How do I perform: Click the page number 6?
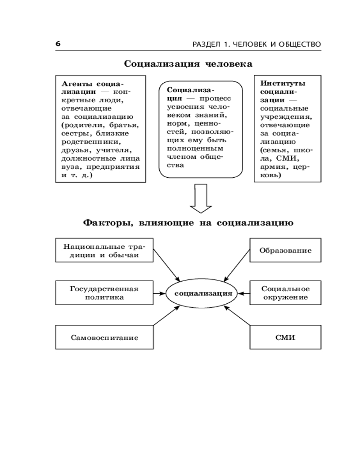pos(58,44)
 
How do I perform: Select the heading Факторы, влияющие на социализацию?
pos(188,222)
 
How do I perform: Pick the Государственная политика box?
pos(104,293)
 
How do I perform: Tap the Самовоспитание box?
pos(104,337)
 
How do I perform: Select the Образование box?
pos(285,251)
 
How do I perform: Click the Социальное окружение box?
pos(285,293)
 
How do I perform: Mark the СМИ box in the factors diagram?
pos(285,337)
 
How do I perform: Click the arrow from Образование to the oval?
pos(237,265)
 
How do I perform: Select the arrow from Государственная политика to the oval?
pos(160,293)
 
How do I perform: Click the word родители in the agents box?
pos(79,125)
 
